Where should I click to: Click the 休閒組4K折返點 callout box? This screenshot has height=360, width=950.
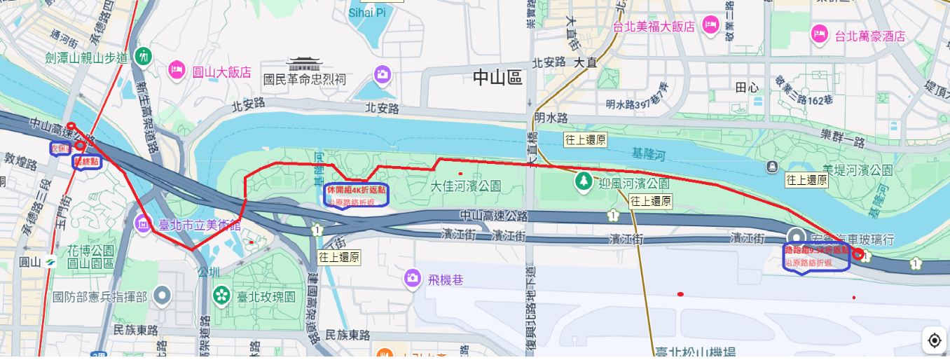coord(356,195)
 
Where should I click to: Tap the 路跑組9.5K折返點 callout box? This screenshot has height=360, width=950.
coord(816,257)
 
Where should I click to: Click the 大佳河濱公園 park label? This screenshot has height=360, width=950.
coord(466,186)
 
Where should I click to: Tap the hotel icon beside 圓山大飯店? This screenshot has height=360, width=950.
coord(177,70)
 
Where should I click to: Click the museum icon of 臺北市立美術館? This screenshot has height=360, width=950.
coord(143,224)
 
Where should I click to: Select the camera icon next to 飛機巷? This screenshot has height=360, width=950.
coord(411,278)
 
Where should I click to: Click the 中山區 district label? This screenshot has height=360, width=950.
coord(497,78)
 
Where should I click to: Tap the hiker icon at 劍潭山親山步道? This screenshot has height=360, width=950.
coord(144,55)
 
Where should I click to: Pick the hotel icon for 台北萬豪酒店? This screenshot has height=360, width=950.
coord(818,34)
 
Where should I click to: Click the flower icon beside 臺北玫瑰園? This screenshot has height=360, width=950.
coord(222,295)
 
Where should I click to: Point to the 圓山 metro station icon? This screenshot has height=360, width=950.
coord(50,261)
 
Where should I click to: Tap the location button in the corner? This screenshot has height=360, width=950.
coord(934,341)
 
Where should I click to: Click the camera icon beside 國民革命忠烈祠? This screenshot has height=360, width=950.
coord(382,74)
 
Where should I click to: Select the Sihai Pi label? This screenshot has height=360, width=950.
coord(367,13)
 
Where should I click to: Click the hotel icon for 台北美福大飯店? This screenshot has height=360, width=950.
coord(710,25)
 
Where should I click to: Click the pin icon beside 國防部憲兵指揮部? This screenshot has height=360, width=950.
coord(163,296)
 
